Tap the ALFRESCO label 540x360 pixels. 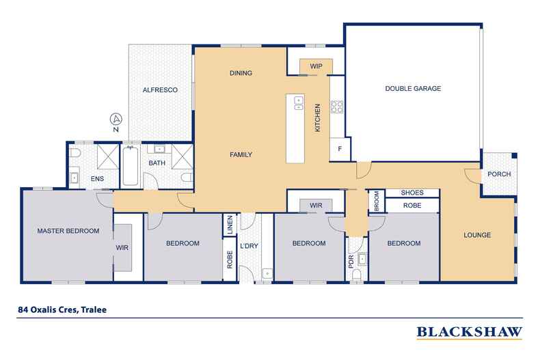tap(160, 89)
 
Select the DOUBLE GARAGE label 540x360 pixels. tap(412, 89)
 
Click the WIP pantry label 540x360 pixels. tap(316, 66)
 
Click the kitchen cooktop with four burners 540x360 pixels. tap(336, 106)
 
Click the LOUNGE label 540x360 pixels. tap(477, 235)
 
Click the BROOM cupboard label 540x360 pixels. tap(376, 201)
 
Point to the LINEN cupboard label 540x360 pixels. tap(230, 225)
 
